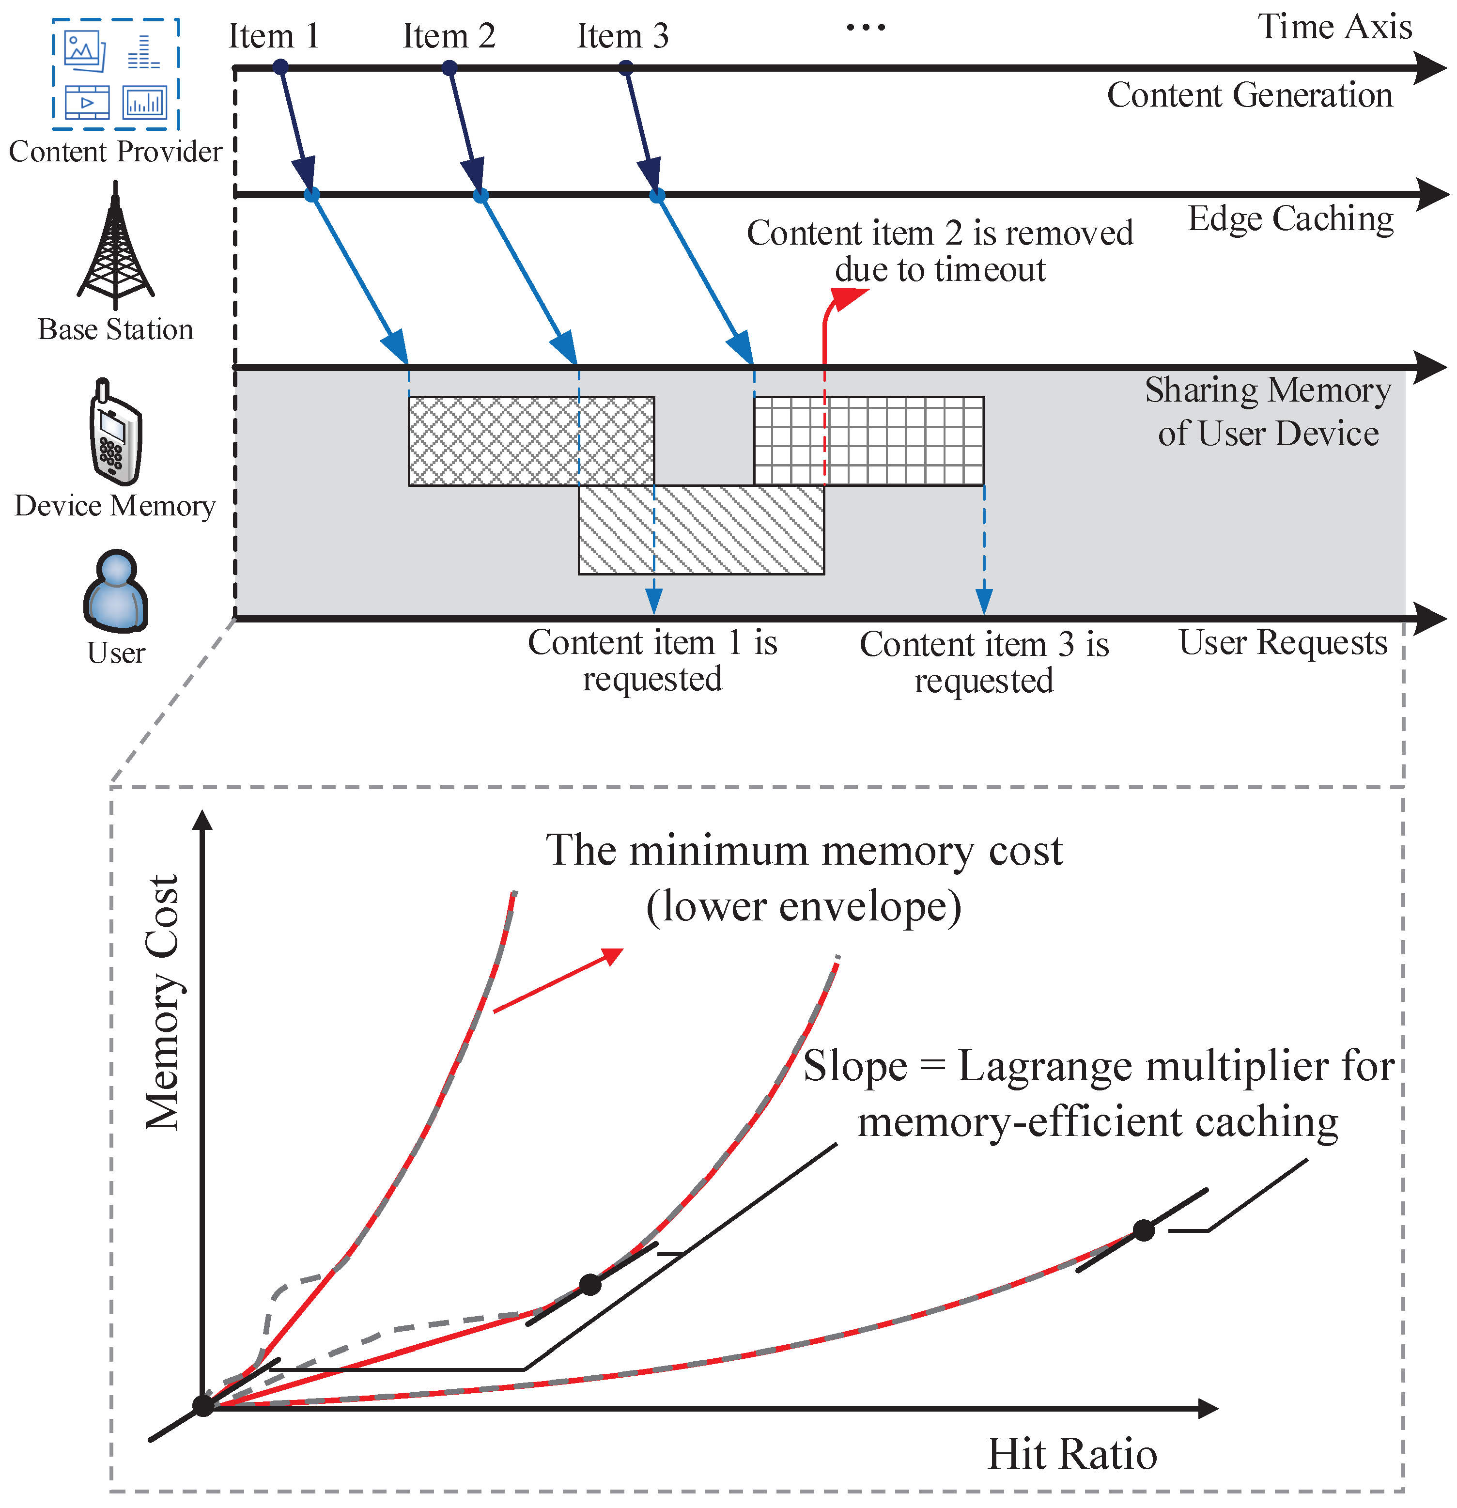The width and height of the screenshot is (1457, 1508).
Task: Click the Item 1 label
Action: point(273,36)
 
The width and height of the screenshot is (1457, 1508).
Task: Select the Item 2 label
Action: point(449,36)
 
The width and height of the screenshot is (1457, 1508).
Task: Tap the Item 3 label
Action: point(622,36)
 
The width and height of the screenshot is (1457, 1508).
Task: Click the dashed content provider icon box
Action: point(115,75)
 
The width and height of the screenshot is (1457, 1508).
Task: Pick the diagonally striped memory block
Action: point(701,529)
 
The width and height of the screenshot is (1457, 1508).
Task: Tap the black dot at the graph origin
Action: point(203,1406)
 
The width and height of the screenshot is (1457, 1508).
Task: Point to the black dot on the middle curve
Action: point(590,1284)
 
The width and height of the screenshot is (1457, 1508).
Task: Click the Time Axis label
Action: point(1334,27)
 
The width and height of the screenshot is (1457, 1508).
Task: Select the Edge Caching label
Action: point(1290,218)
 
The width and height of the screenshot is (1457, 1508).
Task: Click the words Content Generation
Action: point(1249,95)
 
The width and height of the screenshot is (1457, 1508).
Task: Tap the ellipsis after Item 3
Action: point(866,29)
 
